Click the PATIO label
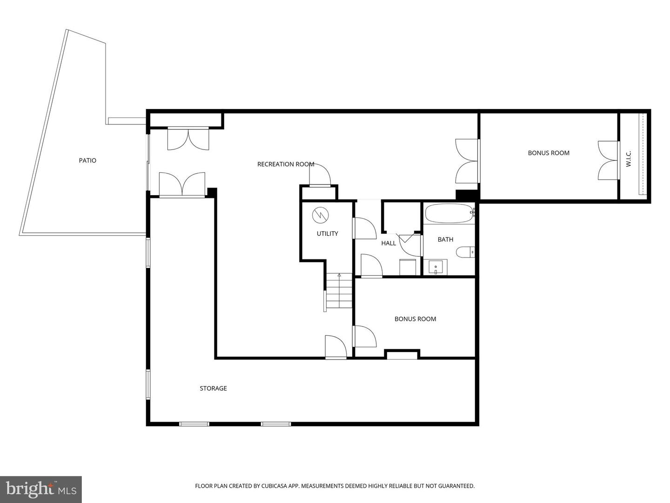87,161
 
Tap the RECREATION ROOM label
286,164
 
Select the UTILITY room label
327,234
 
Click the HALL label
389,243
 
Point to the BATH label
445,239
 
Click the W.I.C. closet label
629,159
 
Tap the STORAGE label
213,388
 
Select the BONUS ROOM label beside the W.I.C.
549,153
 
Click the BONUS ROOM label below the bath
415,319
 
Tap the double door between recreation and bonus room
467,161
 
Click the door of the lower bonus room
364,336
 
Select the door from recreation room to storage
335,347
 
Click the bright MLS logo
41,489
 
